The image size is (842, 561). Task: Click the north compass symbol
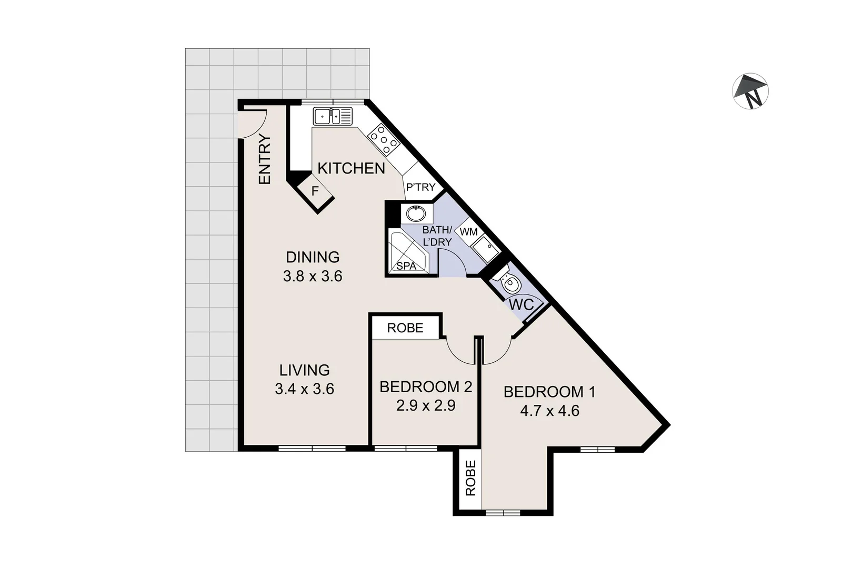click(750, 91)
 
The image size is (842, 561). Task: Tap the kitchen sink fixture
click(332, 116)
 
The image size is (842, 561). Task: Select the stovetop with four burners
click(383, 139)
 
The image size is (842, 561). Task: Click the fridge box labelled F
click(315, 191)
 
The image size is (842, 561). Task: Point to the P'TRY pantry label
click(420, 187)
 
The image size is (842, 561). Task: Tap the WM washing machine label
click(468, 232)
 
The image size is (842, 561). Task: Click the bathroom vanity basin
click(416, 214)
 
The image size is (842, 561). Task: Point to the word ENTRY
click(265, 159)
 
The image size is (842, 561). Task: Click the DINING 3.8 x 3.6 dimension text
click(313, 276)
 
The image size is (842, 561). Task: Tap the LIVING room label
click(304, 370)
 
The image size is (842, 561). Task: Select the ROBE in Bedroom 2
click(405, 328)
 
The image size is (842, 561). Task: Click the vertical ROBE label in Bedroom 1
click(470, 478)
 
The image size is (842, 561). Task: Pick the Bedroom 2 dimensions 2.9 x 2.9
click(425, 405)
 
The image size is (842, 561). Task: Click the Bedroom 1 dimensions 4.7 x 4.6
click(549, 411)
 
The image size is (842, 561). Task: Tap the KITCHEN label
click(351, 168)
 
